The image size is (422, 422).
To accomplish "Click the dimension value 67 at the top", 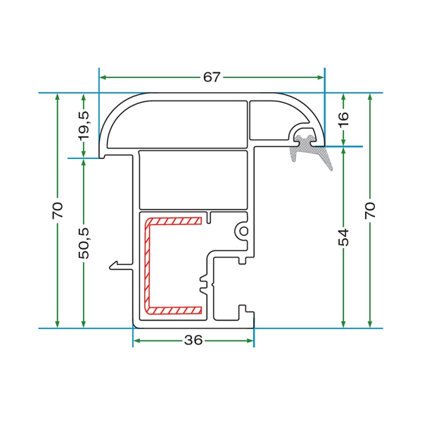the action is click(x=212, y=77).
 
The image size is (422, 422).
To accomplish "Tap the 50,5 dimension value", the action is click(x=84, y=243).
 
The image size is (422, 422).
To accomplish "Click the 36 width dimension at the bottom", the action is click(x=193, y=340).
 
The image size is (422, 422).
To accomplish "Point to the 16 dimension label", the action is click(x=343, y=120).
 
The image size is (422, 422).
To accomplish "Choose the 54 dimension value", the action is click(x=343, y=238).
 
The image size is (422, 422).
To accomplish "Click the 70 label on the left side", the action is click(x=58, y=210).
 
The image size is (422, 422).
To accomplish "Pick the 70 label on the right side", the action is click(x=370, y=210).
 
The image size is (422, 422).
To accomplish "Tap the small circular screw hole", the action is click(x=244, y=231).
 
